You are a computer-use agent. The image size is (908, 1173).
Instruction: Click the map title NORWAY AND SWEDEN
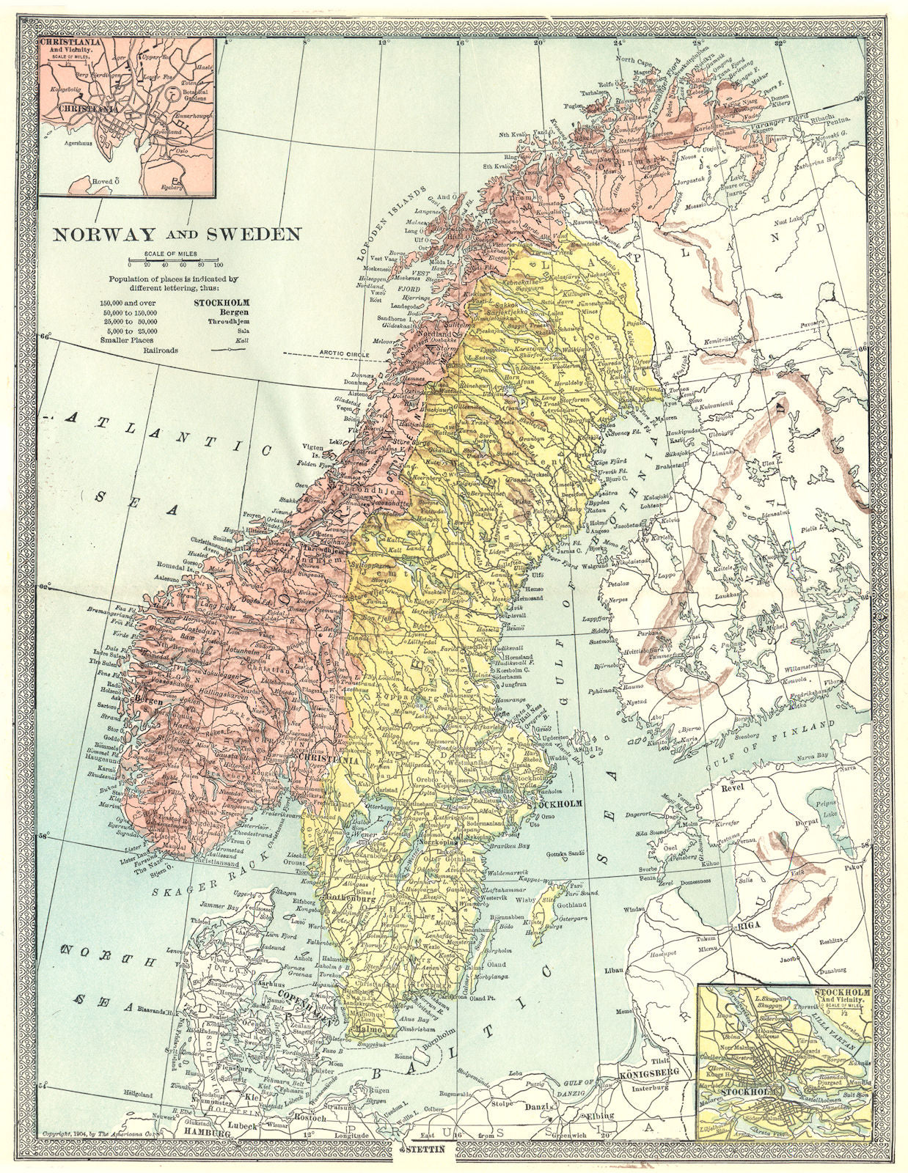175,235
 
